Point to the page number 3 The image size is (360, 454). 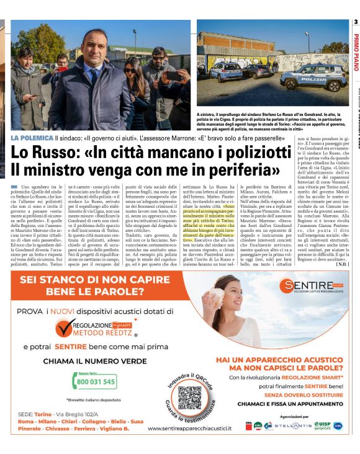356,23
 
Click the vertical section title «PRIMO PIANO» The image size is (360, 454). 356,53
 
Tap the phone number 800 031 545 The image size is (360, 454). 97,381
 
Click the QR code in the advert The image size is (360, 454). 189,398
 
